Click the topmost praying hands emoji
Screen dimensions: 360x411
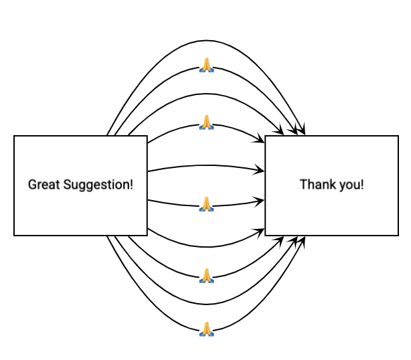[x=207, y=65]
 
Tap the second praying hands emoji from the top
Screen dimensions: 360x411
[x=207, y=122]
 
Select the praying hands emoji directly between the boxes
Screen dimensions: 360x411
[x=207, y=204]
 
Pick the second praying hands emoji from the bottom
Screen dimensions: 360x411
[x=207, y=275]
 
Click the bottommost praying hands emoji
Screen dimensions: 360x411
[x=207, y=328]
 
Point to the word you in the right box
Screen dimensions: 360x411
[x=350, y=184]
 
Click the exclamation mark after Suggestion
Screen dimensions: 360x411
[x=131, y=184]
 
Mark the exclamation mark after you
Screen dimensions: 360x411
[x=362, y=184]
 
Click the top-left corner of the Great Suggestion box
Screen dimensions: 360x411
[x=14, y=136]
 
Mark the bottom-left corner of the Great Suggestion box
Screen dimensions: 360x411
[x=14, y=236]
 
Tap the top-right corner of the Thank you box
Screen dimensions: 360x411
[x=399, y=136]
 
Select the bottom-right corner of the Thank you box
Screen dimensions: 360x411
[x=399, y=236]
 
